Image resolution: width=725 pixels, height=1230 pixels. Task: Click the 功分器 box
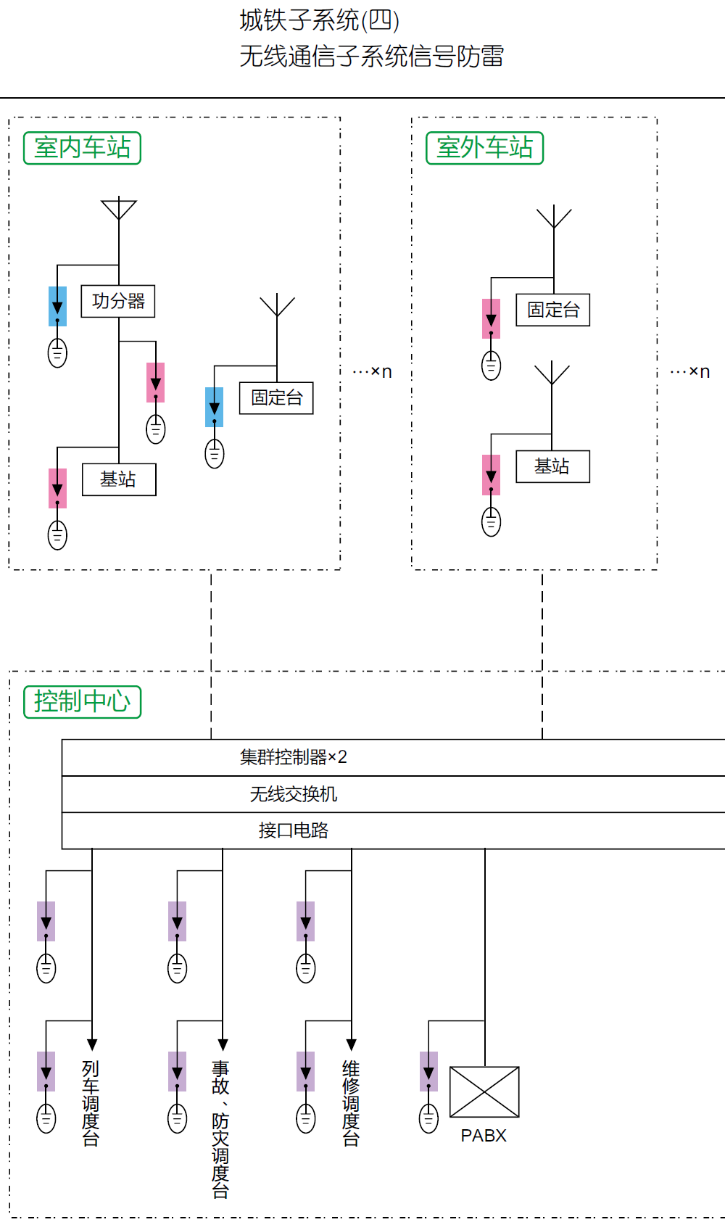tap(118, 301)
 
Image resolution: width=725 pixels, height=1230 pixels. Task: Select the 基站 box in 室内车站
tap(119, 479)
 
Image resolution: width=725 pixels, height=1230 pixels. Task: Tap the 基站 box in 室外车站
tap(552, 466)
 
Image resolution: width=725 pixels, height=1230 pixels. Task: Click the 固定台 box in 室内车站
tap(276, 398)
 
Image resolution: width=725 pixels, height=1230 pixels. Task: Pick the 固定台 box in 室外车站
tap(552, 310)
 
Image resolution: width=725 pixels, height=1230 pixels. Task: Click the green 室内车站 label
tap(82, 148)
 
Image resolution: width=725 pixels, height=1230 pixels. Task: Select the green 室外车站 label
tap(484, 148)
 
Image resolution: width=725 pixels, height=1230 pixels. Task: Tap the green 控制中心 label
tap(82, 702)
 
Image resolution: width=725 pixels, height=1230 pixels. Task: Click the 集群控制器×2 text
tap(294, 757)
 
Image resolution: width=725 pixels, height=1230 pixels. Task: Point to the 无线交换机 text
tap(294, 794)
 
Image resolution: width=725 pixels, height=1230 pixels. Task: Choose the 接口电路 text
tap(294, 830)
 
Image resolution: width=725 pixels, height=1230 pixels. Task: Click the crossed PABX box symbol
tap(484, 1091)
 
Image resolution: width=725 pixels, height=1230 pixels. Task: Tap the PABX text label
tap(484, 1136)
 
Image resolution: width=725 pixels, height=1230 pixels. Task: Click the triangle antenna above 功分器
tap(119, 209)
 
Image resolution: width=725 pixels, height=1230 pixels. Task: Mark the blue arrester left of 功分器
tap(58, 306)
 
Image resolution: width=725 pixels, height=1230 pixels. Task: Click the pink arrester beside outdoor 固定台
tap(492, 318)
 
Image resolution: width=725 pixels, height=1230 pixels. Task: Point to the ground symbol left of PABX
tap(428, 1118)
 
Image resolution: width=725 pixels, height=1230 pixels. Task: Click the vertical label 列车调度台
tap(91, 1102)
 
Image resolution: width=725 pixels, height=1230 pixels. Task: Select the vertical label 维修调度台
tap(351, 1102)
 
